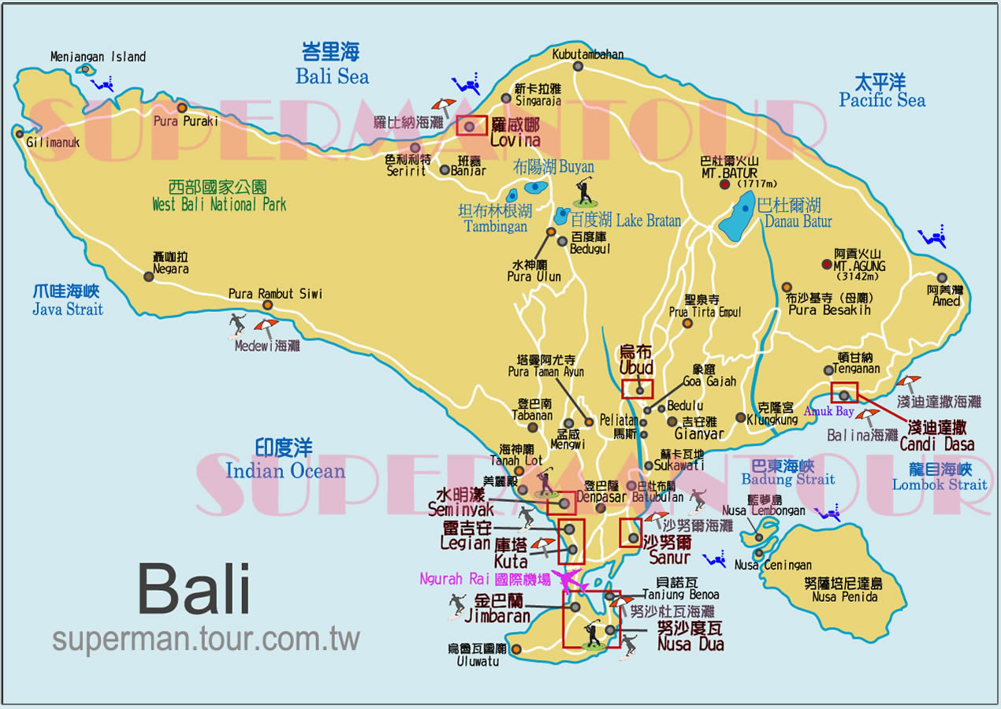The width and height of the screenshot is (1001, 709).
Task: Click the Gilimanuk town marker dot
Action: (19, 133)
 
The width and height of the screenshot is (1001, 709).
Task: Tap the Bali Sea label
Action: (332, 65)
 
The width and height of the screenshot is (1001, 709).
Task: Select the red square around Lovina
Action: (471, 125)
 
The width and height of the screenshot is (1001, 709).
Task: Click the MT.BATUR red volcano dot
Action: (724, 184)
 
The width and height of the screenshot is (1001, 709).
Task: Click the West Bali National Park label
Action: (218, 196)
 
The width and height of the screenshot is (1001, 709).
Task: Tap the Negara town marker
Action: (148, 276)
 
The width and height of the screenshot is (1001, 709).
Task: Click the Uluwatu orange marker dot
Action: (516, 649)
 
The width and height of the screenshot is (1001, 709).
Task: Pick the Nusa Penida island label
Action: (844, 590)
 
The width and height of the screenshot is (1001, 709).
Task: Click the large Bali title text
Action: (194, 589)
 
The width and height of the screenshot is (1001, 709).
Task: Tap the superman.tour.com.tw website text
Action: (206, 639)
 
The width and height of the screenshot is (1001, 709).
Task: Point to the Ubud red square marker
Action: (638, 388)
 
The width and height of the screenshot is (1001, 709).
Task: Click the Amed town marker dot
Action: (942, 278)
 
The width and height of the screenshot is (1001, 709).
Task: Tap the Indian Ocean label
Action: (285, 460)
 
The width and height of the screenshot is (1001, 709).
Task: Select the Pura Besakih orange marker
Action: (787, 288)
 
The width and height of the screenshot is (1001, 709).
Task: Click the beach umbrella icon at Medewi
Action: (266, 326)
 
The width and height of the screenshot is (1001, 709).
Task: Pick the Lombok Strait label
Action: (940, 477)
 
